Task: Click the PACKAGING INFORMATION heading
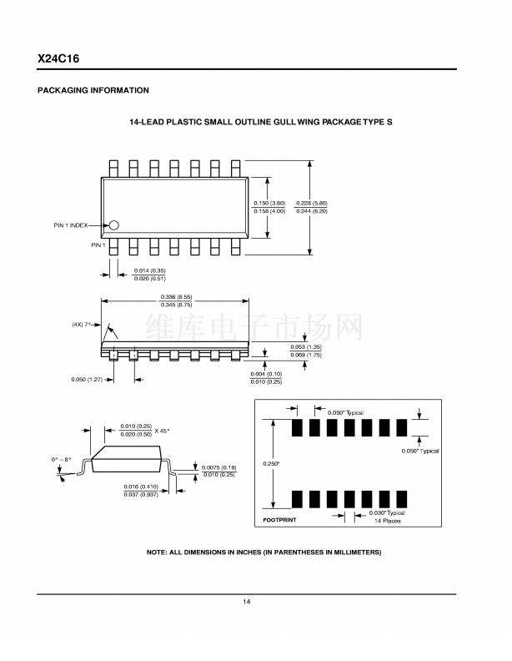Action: (x=93, y=90)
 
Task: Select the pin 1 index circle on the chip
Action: (x=114, y=225)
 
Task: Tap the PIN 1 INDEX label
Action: (x=71, y=225)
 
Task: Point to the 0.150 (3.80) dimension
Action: (x=269, y=203)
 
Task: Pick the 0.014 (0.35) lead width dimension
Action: (x=150, y=270)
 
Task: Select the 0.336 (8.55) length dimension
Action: (x=176, y=297)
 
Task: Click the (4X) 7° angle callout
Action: (x=81, y=324)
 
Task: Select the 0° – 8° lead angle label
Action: (x=62, y=460)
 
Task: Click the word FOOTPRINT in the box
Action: (x=279, y=520)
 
